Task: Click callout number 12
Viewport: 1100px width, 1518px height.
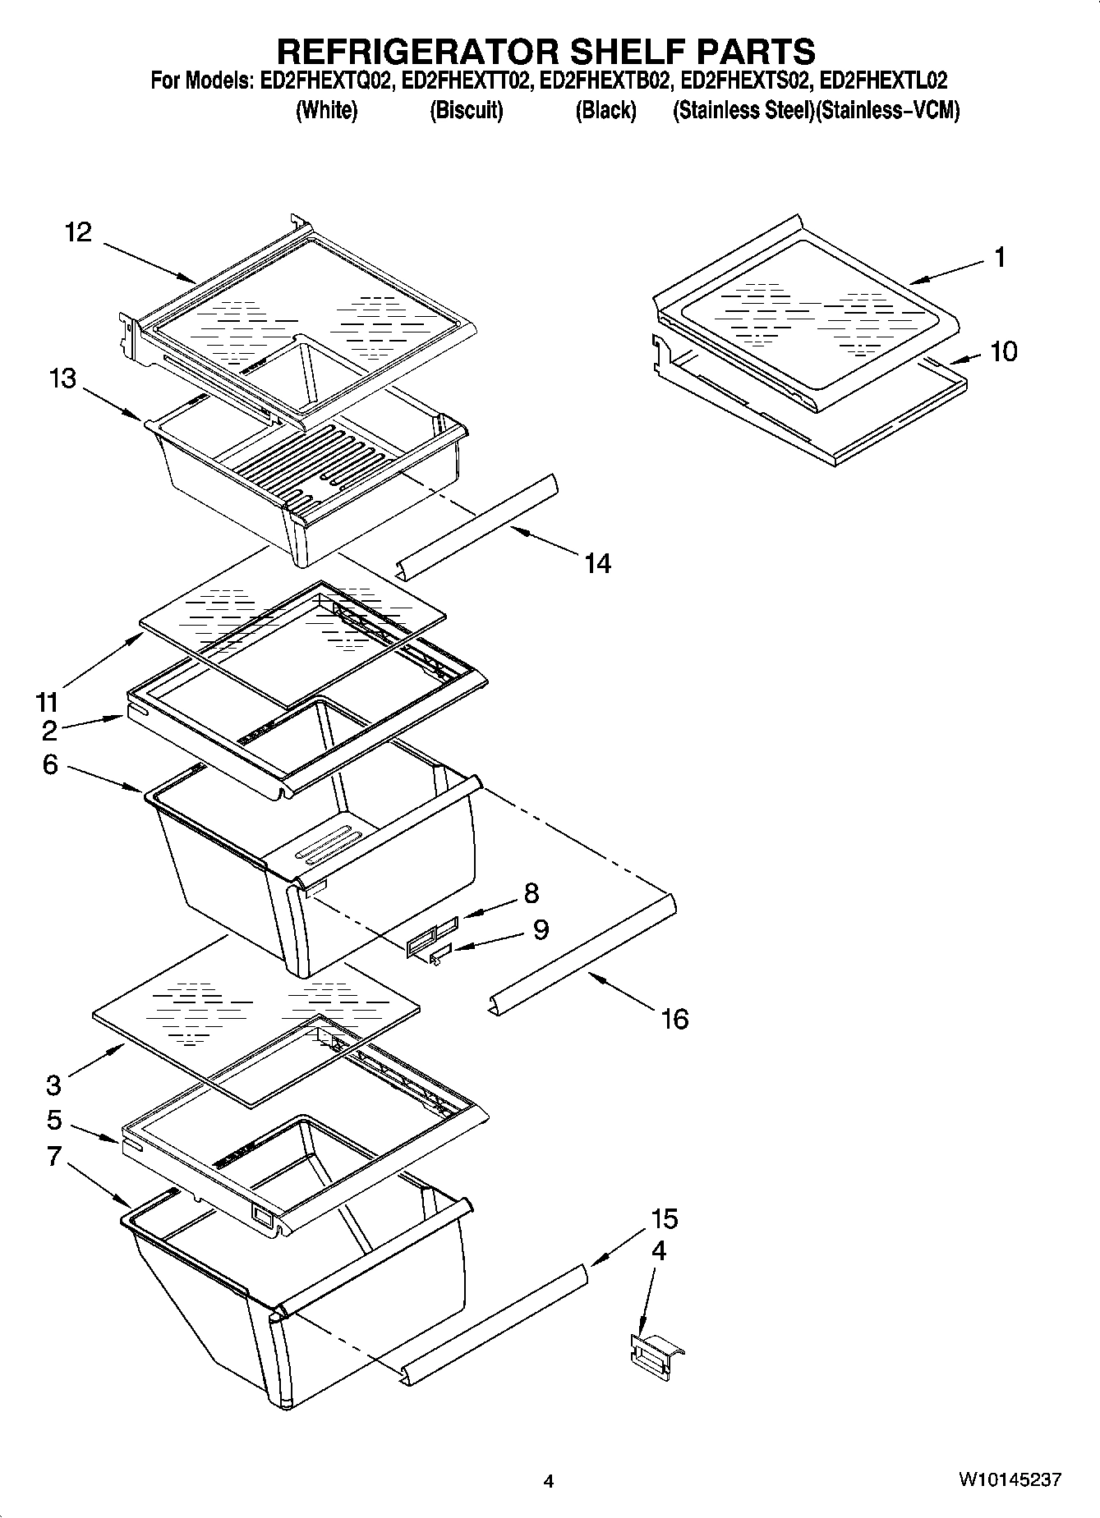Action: (79, 232)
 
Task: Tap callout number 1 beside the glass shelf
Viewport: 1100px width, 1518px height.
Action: (1000, 258)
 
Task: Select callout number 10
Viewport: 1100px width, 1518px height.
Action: (1003, 351)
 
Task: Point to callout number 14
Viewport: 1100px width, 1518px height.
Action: (597, 563)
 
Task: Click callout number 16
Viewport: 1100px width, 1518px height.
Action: (674, 1019)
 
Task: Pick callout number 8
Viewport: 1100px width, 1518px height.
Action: (532, 892)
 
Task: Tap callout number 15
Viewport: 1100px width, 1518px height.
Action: (665, 1219)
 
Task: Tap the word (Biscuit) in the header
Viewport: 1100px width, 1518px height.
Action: (466, 110)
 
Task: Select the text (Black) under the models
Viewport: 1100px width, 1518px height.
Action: (605, 110)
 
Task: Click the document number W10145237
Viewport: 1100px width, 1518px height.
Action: (1009, 1480)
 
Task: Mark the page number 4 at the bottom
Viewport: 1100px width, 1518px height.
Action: (549, 1482)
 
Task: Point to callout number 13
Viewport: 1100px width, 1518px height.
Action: (62, 378)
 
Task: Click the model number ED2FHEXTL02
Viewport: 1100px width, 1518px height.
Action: (884, 80)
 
